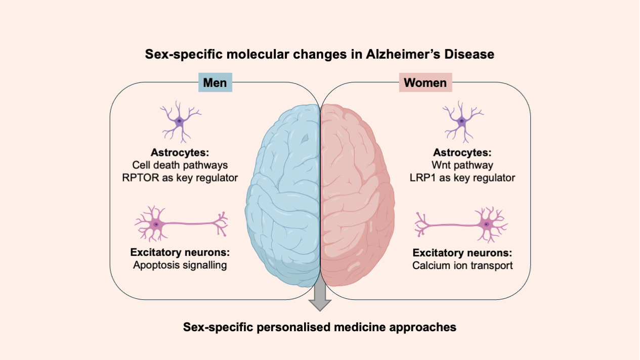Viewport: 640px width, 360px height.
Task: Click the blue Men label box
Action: click(x=215, y=82)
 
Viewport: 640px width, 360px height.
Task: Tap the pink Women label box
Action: click(x=425, y=82)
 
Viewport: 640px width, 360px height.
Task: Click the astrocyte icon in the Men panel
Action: click(x=178, y=121)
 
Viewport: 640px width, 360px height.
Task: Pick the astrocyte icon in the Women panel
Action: click(x=461, y=121)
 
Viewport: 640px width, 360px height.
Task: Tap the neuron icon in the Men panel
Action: click(x=180, y=223)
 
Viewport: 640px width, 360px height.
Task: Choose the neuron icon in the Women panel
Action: click(x=461, y=223)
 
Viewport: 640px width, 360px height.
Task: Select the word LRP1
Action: click(x=421, y=177)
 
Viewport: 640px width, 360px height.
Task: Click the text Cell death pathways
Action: click(x=180, y=165)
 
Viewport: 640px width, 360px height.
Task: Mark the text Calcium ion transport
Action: click(x=462, y=264)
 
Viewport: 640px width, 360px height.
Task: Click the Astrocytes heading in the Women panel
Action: click(x=461, y=152)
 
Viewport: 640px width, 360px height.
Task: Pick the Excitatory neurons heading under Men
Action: click(x=180, y=252)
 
